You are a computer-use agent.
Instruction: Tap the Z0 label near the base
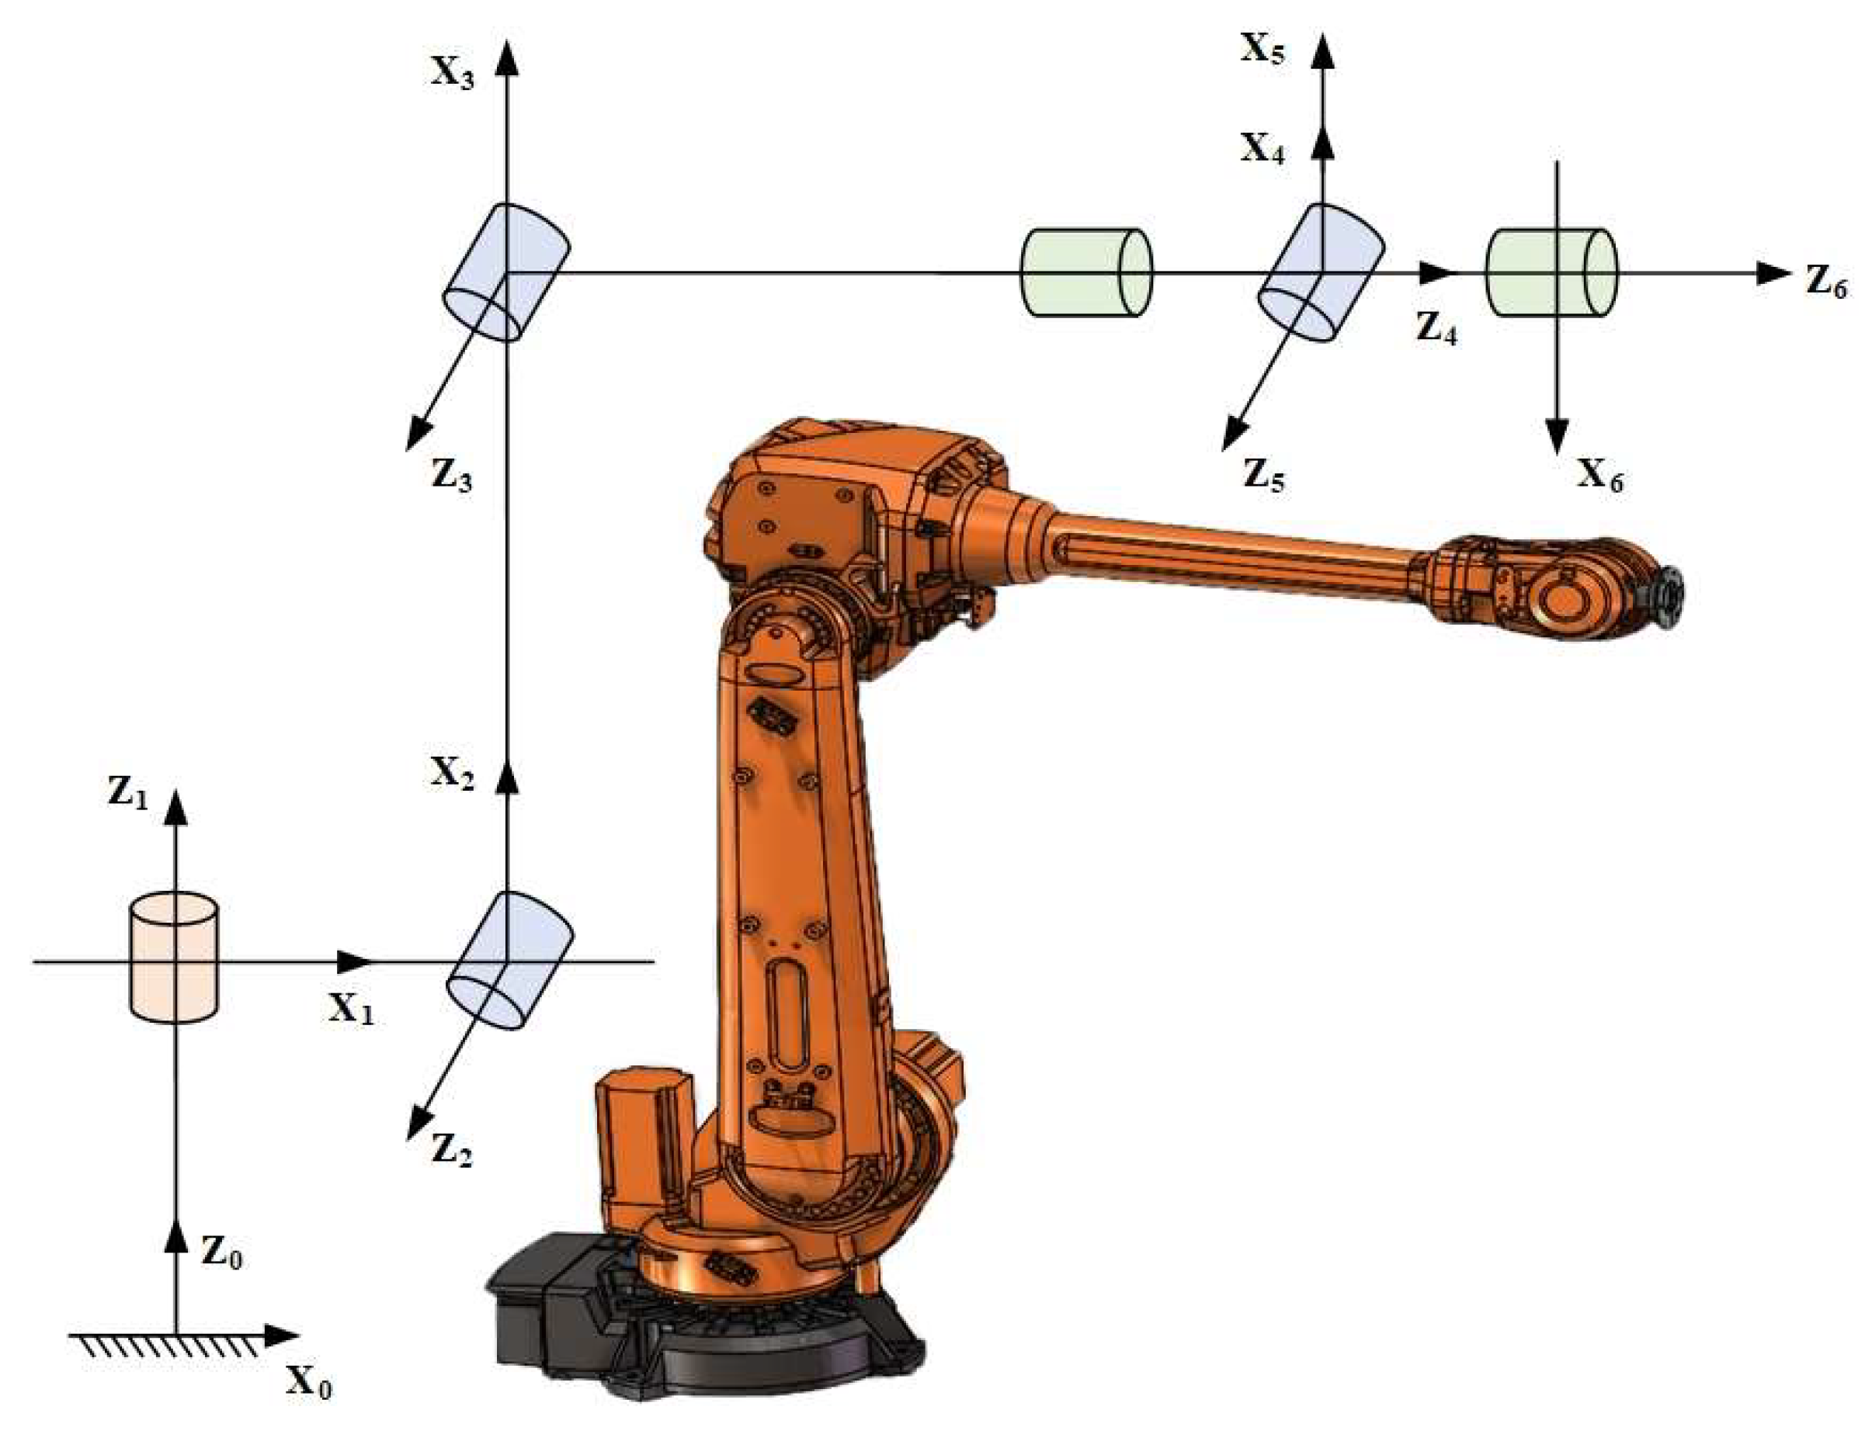[221, 1252]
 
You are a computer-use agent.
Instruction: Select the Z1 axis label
[127, 793]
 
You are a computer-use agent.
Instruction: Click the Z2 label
[451, 1150]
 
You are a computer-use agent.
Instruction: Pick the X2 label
[452, 773]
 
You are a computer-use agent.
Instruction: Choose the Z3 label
[451, 475]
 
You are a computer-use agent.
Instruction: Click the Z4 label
[1436, 327]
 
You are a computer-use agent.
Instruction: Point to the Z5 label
[1263, 475]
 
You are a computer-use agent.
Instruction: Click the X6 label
[1599, 475]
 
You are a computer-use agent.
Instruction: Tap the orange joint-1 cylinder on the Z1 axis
[173, 957]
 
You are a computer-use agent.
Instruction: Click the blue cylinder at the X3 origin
[505, 272]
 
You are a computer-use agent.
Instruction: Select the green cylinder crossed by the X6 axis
[1551, 272]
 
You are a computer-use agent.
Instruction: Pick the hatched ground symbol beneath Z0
[166, 1347]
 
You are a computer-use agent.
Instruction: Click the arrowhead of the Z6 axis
[1771, 273]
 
